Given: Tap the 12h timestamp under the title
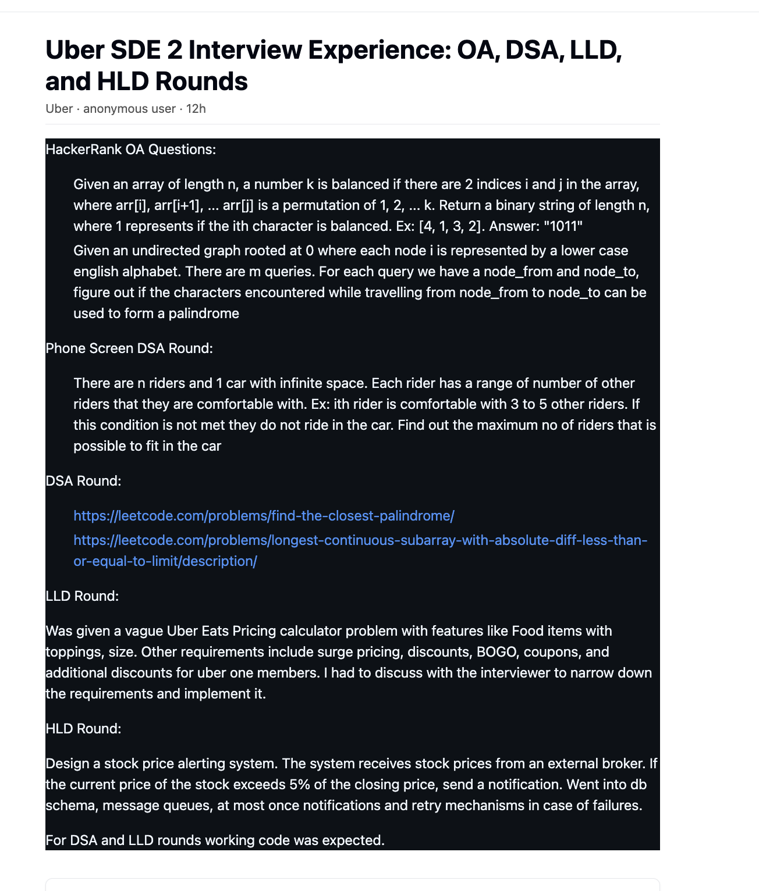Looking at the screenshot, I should (x=196, y=109).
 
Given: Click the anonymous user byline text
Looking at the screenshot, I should (x=129, y=109).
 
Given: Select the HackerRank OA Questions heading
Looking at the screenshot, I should (x=131, y=149).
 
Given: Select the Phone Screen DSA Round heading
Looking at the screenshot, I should (x=129, y=348).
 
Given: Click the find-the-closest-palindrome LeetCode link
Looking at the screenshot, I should (x=264, y=516).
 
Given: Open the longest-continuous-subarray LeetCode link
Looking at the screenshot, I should (x=360, y=540).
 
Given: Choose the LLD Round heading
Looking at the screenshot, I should (x=82, y=596).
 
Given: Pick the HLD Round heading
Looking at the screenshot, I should (x=83, y=729).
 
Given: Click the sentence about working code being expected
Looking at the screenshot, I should (x=215, y=840).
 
